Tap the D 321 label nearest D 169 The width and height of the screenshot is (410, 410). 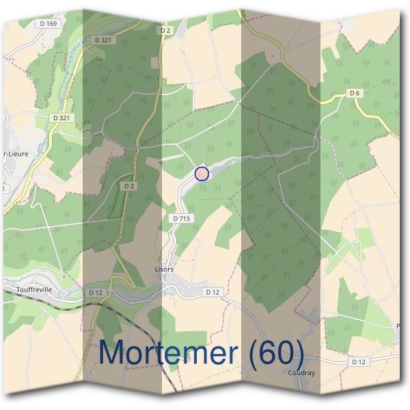pyautogui.click(x=104, y=40)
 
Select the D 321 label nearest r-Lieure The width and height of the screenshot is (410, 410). pyautogui.click(x=61, y=118)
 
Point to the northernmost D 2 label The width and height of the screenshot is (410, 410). pyautogui.click(x=165, y=30)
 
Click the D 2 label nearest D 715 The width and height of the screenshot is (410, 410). pyautogui.click(x=128, y=185)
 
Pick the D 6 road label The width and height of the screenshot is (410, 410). pyautogui.click(x=354, y=92)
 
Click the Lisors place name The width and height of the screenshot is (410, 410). pyautogui.click(x=164, y=269)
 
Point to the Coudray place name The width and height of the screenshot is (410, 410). pyautogui.click(x=301, y=373)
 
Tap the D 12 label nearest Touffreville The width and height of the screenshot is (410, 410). pyautogui.click(x=95, y=292)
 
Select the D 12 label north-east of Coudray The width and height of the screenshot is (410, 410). pyautogui.click(x=358, y=361)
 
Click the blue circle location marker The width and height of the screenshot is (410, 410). pyautogui.click(x=202, y=174)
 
